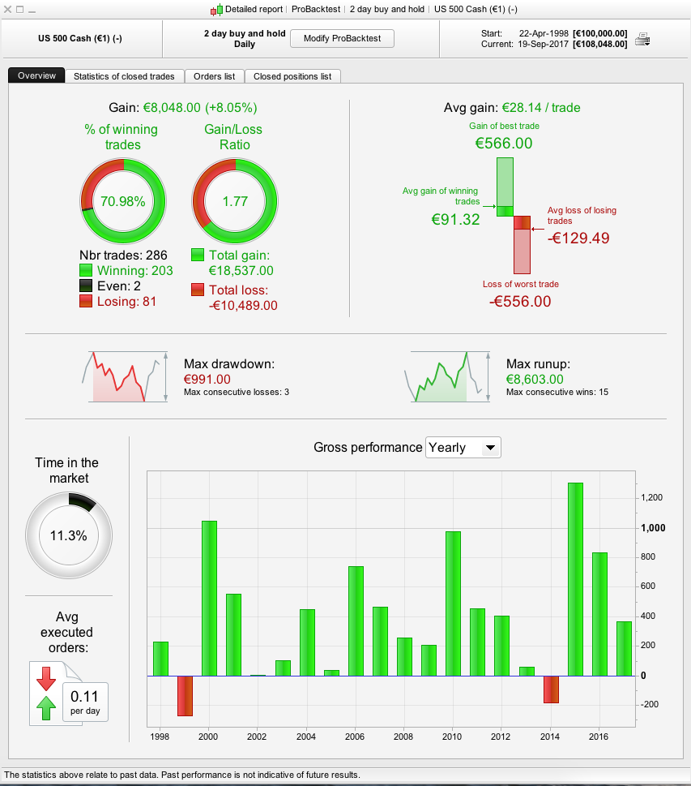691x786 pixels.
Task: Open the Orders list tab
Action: click(215, 76)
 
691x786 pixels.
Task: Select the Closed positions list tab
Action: click(292, 76)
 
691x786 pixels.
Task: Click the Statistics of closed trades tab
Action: click(124, 76)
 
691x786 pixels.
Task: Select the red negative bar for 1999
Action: click(185, 695)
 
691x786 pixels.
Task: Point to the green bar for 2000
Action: click(209, 598)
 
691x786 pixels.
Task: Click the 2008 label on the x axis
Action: click(404, 736)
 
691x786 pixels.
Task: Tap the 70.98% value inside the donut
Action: click(122, 201)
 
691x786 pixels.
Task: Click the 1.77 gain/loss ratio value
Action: click(235, 201)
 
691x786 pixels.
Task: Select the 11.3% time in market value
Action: click(69, 535)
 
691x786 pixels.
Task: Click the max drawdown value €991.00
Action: click(207, 379)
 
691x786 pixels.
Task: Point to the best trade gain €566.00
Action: click(504, 144)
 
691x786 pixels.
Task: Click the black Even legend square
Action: click(87, 286)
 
